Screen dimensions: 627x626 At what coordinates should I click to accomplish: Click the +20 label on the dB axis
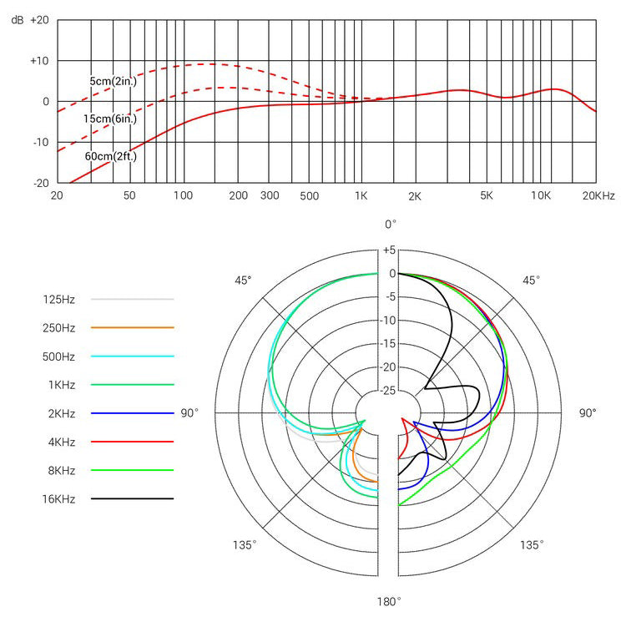pyautogui.click(x=40, y=20)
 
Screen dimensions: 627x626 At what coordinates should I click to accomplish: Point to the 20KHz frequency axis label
pyautogui.click(x=598, y=195)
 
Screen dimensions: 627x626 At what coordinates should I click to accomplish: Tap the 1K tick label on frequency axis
pyautogui.click(x=361, y=195)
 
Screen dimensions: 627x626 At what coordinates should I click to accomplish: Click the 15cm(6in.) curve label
pyautogui.click(x=109, y=119)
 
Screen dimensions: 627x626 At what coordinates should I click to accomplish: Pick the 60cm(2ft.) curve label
pyautogui.click(x=110, y=156)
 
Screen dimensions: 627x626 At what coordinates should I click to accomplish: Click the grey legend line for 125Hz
pyautogui.click(x=132, y=298)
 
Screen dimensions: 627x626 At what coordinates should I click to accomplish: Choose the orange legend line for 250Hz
pyautogui.click(x=132, y=327)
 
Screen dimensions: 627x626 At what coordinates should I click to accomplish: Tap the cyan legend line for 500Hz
pyautogui.click(x=132, y=356)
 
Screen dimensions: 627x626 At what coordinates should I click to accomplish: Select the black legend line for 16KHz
pyautogui.click(x=132, y=499)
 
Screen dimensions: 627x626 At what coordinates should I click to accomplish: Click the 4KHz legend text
pyautogui.click(x=59, y=442)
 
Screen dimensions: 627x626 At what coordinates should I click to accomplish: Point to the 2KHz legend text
pyautogui.click(x=59, y=413)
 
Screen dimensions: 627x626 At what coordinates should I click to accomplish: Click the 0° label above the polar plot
pyautogui.click(x=390, y=224)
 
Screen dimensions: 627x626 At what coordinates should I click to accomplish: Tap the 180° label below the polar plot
pyautogui.click(x=388, y=600)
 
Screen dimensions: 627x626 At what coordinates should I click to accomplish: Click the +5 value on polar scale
pyautogui.click(x=389, y=250)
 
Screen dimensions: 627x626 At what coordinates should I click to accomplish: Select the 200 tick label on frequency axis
pyautogui.click(x=238, y=195)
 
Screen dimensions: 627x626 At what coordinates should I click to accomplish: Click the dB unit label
pyautogui.click(x=17, y=20)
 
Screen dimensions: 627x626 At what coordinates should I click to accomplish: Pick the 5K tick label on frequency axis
pyautogui.click(x=487, y=195)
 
